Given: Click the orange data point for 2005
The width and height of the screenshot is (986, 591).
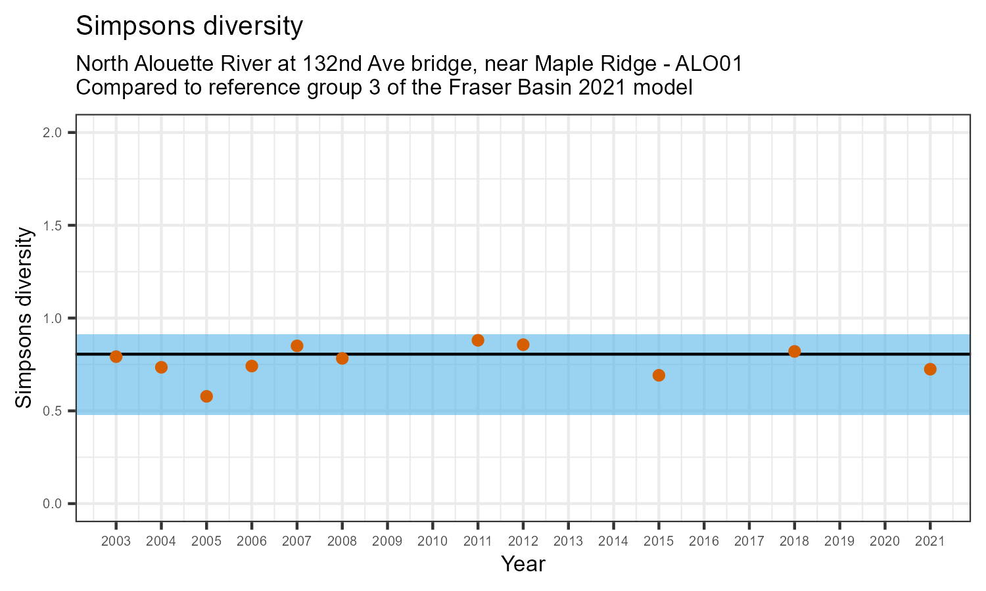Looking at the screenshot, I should click(x=206, y=396).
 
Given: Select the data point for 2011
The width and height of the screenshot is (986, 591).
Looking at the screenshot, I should click(x=478, y=340).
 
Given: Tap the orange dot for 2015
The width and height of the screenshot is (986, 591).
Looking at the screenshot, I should click(x=659, y=375).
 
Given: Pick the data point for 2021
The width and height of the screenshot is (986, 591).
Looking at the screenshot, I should click(x=930, y=369).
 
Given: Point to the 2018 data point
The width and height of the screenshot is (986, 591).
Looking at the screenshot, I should click(x=794, y=351).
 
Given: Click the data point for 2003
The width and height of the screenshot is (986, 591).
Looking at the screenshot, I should click(x=116, y=357).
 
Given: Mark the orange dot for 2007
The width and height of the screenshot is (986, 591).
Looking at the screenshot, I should click(x=297, y=346).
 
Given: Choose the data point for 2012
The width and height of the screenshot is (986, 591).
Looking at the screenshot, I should click(x=523, y=345).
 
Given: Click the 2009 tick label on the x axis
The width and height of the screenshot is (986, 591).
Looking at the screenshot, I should click(x=387, y=542).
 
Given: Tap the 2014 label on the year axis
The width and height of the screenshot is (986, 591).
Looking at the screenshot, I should click(x=613, y=542).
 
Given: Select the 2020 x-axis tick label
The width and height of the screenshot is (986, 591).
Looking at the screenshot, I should click(x=885, y=542).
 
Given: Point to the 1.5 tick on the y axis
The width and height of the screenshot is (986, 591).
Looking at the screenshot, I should click(x=53, y=226).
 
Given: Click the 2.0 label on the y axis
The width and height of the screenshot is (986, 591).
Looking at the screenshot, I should click(x=53, y=133).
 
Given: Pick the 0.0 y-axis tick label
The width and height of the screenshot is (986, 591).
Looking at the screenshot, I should click(x=53, y=504).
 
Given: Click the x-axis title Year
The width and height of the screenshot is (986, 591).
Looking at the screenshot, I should click(x=523, y=563).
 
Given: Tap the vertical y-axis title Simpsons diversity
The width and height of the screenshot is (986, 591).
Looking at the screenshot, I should click(x=24, y=318).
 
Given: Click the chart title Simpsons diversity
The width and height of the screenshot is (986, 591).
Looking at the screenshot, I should click(x=189, y=26).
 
